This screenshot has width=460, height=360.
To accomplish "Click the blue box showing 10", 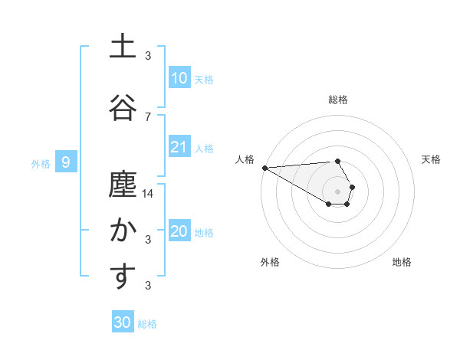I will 179,78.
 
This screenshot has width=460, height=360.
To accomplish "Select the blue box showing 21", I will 179,147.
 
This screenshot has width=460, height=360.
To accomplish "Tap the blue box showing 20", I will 179,231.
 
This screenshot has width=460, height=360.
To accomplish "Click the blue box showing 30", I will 123,322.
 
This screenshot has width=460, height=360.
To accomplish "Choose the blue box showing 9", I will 67,162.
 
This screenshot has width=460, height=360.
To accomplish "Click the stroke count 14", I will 148,194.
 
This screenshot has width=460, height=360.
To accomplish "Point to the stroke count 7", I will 148,116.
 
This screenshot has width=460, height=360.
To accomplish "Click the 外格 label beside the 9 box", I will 40,163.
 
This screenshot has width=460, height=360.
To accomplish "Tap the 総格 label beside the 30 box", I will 147,324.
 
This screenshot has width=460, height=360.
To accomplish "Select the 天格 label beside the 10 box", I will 204,79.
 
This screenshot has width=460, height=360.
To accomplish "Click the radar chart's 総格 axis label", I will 337,100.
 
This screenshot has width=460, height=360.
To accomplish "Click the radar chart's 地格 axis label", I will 402,262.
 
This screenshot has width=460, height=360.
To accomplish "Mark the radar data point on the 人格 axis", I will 264,168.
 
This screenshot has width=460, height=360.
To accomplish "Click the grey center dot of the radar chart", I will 337,191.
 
